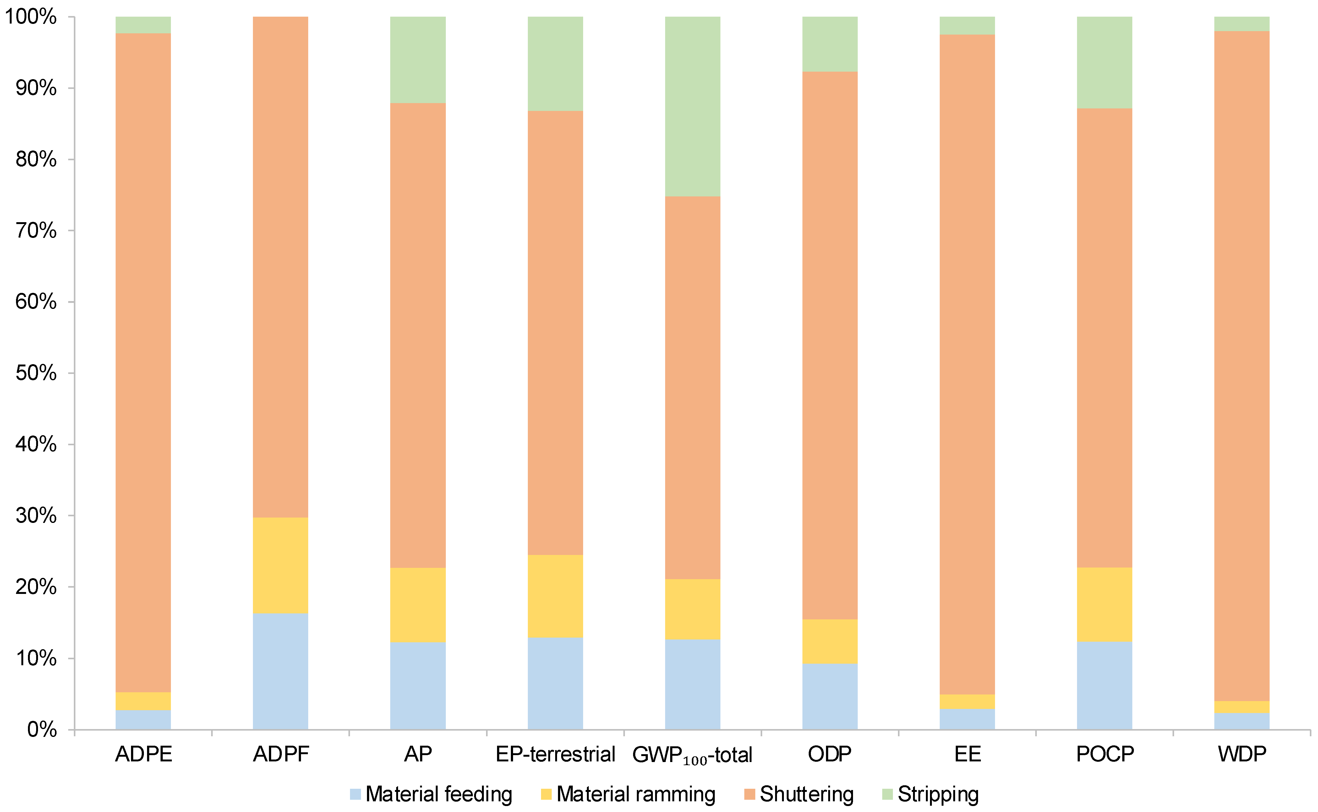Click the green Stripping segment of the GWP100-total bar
[x=692, y=106]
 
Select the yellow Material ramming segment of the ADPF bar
[x=280, y=566]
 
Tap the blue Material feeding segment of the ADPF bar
[x=280, y=671]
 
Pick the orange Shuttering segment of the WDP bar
[x=1242, y=366]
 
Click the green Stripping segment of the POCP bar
[x=1104, y=62]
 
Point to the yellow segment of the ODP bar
[x=830, y=642]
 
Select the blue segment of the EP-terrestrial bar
[x=555, y=684]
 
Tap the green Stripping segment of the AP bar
[x=418, y=60]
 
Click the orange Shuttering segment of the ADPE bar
[x=143, y=363]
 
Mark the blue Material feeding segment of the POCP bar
[x=1104, y=686]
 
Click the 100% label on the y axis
[x=30, y=17]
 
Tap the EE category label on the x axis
[x=967, y=754]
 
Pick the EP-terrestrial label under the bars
[x=555, y=754]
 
